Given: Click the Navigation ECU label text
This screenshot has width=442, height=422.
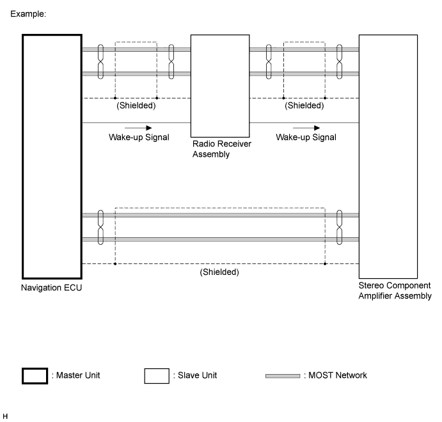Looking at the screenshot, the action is click(x=52, y=288).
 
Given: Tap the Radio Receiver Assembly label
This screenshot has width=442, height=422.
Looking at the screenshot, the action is click(x=222, y=149).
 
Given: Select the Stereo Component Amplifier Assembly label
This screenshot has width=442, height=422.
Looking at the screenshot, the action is click(x=395, y=290).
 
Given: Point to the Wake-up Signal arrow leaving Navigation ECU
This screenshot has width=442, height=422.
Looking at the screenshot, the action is click(x=138, y=128).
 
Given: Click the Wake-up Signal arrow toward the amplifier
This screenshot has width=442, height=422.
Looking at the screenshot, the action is click(x=306, y=128).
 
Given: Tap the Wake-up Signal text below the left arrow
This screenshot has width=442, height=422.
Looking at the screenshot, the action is click(x=139, y=137).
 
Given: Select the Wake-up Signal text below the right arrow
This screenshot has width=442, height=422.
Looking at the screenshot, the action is click(x=306, y=137).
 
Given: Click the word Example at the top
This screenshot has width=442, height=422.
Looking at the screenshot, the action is click(x=28, y=14).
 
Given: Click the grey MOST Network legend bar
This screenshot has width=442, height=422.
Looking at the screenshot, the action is click(x=283, y=376).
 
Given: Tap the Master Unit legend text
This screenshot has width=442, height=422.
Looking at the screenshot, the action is click(x=76, y=375).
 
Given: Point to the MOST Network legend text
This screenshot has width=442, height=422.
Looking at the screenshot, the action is click(x=335, y=375).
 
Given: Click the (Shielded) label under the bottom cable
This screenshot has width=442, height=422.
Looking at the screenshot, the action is click(x=219, y=272).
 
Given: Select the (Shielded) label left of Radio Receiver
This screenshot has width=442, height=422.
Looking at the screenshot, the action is click(x=136, y=105).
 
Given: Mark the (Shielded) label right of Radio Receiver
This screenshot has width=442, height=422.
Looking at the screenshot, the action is click(x=304, y=105).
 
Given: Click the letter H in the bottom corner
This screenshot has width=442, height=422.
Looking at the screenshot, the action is click(x=5, y=416).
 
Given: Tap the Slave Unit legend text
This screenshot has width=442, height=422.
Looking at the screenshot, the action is click(x=195, y=375).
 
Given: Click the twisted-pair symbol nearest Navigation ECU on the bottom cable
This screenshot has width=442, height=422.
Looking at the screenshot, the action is click(x=100, y=227).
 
